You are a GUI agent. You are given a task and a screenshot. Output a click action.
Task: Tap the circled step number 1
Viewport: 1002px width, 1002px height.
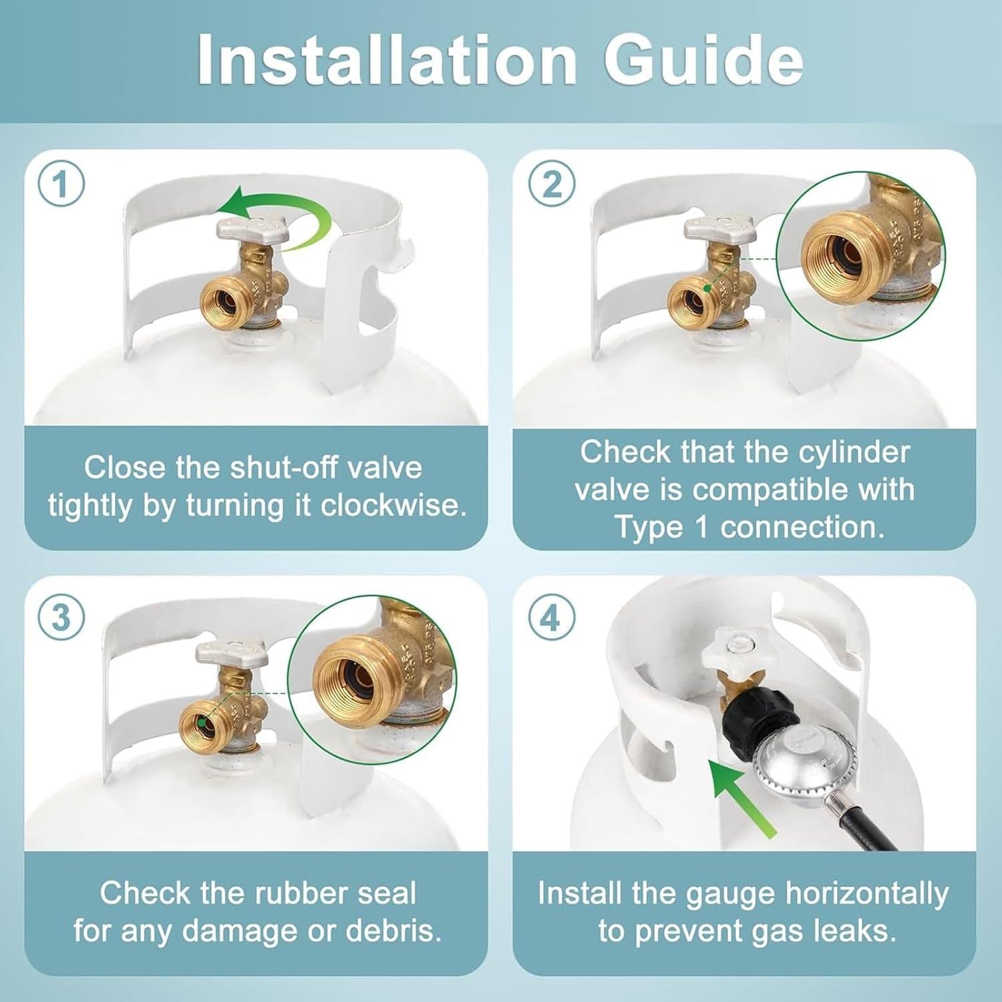click(61, 184)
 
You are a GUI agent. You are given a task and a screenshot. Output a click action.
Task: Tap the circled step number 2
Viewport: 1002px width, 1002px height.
click(551, 184)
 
